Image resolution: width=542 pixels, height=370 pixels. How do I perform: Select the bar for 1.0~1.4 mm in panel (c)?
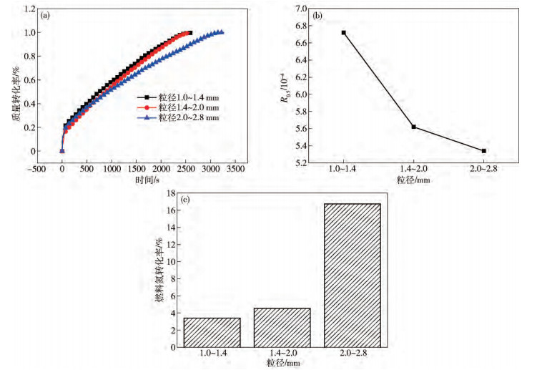[212, 333]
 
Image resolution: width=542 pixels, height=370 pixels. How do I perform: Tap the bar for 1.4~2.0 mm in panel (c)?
[282, 328]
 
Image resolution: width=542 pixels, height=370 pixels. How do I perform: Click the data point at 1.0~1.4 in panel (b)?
[344, 32]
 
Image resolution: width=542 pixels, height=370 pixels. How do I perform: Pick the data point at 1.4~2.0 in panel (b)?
[414, 127]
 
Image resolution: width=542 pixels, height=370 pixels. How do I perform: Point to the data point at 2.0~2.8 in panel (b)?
[484, 151]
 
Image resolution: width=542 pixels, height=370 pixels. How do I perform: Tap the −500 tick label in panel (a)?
[37, 170]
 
